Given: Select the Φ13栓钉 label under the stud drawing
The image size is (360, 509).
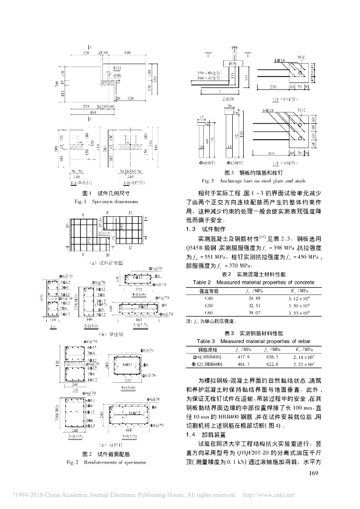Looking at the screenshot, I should tap(236, 163).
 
